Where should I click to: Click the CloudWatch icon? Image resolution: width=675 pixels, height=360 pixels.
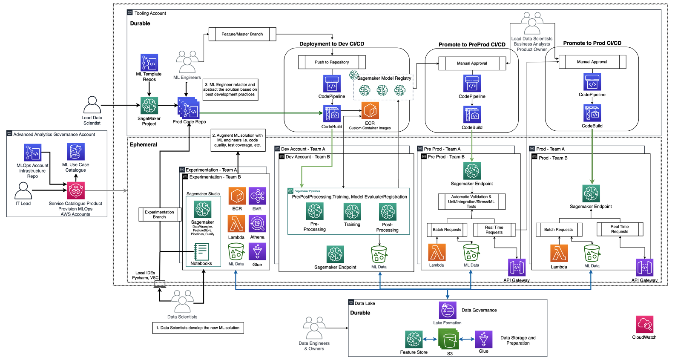(644, 325)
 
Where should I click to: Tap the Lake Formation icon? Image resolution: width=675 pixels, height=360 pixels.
(448, 310)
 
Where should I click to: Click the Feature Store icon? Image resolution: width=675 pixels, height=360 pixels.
(414, 340)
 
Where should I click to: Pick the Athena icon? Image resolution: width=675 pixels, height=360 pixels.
(257, 224)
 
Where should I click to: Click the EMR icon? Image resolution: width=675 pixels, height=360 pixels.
(257, 196)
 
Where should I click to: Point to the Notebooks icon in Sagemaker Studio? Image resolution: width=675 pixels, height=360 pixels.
(201, 252)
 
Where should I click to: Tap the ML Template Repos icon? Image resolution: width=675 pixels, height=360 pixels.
(149, 62)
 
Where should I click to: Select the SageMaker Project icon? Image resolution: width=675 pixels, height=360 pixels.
(149, 106)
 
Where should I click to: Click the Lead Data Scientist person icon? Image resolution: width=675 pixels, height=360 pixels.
(92, 105)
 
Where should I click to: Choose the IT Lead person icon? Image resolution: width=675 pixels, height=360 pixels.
(23, 191)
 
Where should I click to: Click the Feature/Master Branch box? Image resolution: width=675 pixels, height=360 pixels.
(242, 34)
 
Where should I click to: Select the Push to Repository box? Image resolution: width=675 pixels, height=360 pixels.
(332, 62)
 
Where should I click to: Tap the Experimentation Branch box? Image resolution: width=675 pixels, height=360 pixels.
(159, 214)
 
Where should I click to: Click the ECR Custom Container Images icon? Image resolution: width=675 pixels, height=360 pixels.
(370, 111)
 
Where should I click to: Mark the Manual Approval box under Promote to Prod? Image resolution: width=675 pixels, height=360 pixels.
(592, 62)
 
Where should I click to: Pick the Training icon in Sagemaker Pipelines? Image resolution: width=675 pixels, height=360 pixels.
(352, 212)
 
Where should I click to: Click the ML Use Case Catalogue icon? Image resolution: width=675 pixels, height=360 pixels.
(76, 152)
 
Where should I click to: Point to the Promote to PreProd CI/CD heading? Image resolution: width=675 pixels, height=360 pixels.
(472, 44)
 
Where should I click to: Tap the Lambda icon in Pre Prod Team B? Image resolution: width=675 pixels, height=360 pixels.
(437, 252)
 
